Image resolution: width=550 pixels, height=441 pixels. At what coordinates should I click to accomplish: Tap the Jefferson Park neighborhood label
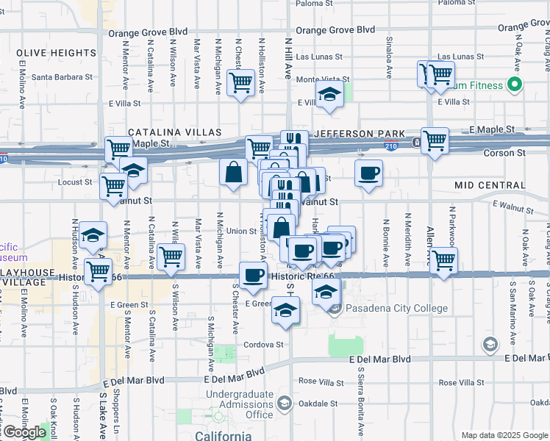[x=360, y=134]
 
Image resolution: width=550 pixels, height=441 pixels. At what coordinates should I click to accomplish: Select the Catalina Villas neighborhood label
[x=175, y=132]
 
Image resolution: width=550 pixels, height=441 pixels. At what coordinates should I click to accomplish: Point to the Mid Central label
[x=488, y=184]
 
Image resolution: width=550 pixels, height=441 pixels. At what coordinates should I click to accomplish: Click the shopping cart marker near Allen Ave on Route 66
[x=443, y=261]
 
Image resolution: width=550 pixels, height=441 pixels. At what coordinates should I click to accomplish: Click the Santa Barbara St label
[x=62, y=76]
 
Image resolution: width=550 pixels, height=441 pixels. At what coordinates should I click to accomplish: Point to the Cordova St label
[x=265, y=344]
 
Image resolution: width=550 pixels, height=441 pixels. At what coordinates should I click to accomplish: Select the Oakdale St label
[x=318, y=403]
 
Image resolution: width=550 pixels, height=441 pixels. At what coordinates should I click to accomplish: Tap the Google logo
[x=24, y=432]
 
